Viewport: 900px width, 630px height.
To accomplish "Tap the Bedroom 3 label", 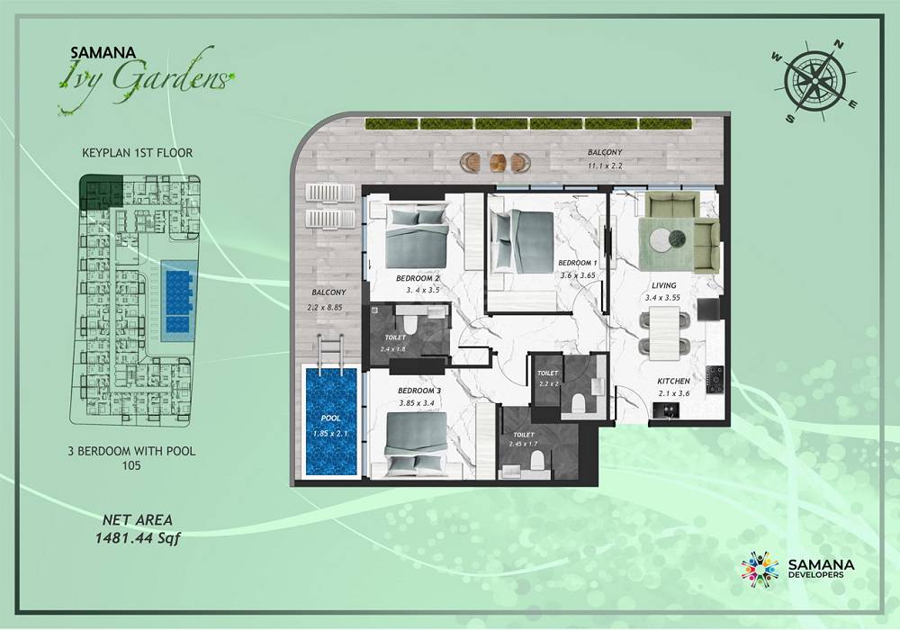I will [x=419, y=391].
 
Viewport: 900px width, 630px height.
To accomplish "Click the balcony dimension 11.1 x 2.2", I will [x=605, y=166].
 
